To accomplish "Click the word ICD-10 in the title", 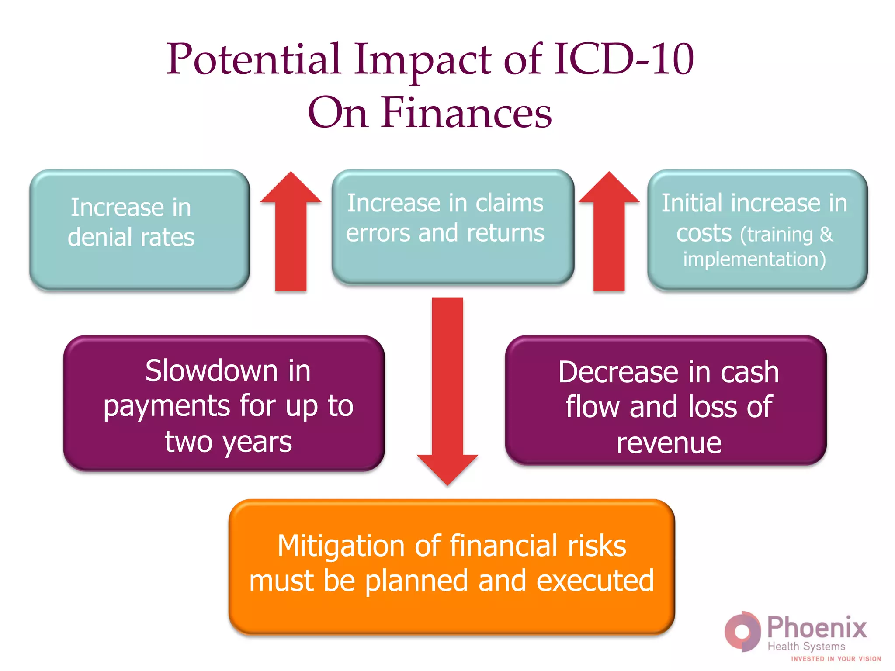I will point(624,59).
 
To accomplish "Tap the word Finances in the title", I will point(466,113).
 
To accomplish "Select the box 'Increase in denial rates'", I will point(139,229).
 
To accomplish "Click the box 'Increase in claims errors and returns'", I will point(452,227).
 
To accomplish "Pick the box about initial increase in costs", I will point(757,229).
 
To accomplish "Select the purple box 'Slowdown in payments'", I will point(224,403).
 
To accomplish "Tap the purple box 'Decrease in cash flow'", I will point(666,401).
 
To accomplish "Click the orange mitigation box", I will point(451,566).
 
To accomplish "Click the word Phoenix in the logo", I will point(817,628).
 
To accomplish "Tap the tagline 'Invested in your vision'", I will point(836,659).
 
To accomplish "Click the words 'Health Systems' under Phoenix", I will point(806,647).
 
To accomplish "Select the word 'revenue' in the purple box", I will point(669,443).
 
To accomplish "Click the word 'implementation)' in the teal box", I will point(754,259).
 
